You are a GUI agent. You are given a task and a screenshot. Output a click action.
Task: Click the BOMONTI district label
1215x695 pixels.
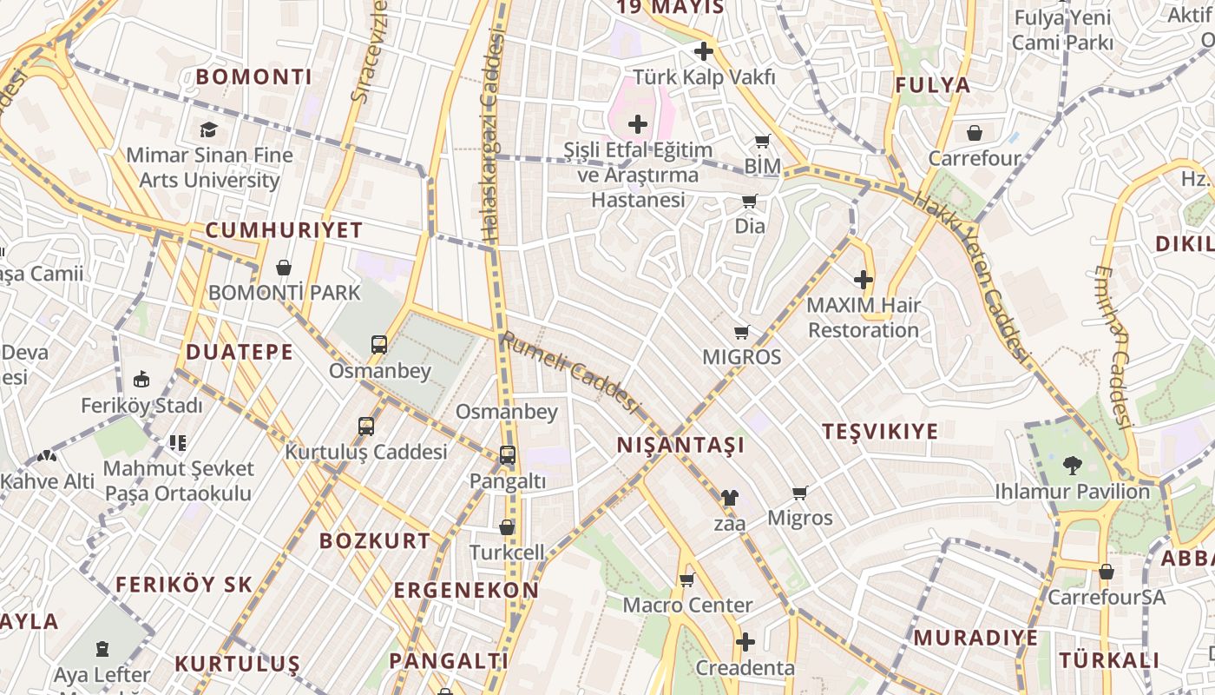(x=253, y=76)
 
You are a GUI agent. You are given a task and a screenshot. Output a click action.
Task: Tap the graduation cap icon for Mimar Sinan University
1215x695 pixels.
(x=208, y=130)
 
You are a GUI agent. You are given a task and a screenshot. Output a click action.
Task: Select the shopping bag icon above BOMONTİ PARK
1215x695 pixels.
(x=284, y=268)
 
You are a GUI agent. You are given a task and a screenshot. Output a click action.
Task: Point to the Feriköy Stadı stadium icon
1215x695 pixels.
(x=141, y=380)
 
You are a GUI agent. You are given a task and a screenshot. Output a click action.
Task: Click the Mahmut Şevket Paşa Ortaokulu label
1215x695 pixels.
(x=178, y=480)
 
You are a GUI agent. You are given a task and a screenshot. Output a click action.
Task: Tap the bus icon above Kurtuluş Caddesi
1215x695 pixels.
(x=366, y=427)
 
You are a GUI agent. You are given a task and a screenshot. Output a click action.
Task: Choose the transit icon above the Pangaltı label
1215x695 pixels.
(x=507, y=454)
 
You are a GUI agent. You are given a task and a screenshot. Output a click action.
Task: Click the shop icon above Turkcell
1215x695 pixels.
(x=507, y=527)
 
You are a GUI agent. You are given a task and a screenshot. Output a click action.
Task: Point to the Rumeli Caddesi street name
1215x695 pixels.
(x=570, y=373)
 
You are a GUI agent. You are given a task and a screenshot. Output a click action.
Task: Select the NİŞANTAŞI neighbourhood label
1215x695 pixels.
(x=680, y=446)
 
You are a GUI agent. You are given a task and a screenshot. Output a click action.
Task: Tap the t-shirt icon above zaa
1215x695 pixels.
(x=729, y=499)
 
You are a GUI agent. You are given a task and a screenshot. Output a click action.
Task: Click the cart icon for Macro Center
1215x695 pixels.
(x=687, y=579)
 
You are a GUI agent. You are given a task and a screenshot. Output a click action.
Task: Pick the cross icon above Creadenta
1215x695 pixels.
(x=745, y=642)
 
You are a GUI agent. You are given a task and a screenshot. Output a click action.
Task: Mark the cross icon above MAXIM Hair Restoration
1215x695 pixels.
(x=863, y=280)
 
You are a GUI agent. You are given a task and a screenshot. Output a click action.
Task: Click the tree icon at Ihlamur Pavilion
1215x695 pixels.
(x=1073, y=466)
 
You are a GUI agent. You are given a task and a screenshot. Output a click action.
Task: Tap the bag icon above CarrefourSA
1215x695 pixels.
(x=1106, y=573)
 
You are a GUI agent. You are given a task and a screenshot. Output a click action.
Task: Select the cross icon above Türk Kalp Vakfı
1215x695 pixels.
(x=703, y=51)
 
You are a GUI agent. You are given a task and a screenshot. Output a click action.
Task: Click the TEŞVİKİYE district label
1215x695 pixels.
(x=880, y=432)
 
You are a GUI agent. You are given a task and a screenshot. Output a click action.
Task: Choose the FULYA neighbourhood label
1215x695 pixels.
(x=932, y=85)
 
